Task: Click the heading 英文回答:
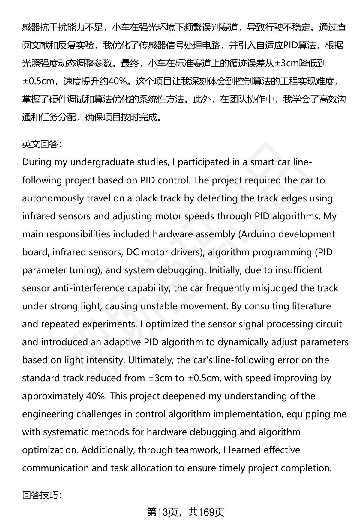coord(42,144)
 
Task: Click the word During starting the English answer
coord(37,162)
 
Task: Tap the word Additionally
coord(108,450)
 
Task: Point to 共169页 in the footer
coord(206,512)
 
